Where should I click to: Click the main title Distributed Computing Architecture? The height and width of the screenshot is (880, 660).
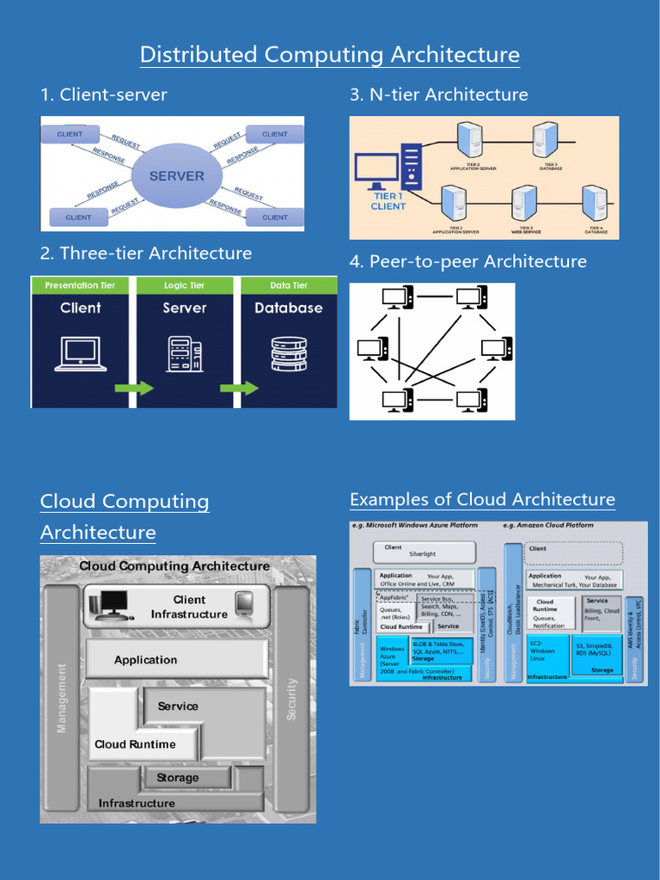tap(329, 55)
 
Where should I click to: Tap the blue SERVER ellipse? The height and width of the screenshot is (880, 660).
tap(177, 175)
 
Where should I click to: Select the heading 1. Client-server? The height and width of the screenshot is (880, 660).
tap(103, 95)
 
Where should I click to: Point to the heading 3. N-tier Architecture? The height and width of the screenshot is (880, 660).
tap(438, 95)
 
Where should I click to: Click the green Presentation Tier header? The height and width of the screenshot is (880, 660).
tap(80, 285)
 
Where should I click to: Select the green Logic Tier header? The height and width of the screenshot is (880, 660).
tap(184, 285)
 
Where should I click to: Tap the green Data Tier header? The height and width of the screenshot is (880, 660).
tap(289, 285)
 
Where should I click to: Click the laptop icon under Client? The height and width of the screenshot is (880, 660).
tap(80, 354)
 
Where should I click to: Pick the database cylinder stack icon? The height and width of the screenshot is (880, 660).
tap(289, 354)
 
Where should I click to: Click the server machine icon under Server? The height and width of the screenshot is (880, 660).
tap(184, 354)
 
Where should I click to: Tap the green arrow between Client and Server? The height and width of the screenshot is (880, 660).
tap(134, 388)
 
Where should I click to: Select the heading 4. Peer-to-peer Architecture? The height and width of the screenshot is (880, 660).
tap(467, 261)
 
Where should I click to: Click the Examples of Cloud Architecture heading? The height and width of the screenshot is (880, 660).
tap(482, 499)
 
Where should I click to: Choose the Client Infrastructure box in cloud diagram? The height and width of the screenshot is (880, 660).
tap(177, 606)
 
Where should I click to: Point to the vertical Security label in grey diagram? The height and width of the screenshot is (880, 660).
tap(291, 699)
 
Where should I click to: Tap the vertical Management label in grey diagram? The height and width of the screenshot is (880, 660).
tap(62, 698)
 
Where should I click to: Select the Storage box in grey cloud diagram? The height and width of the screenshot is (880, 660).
tap(178, 778)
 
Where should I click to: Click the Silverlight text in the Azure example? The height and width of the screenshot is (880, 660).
tap(423, 555)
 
